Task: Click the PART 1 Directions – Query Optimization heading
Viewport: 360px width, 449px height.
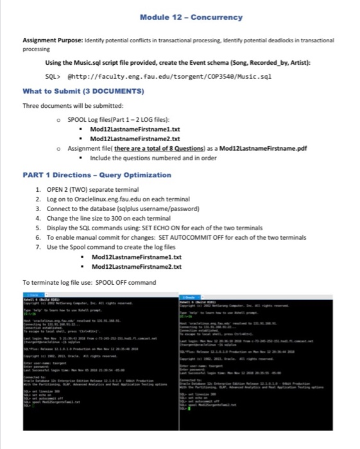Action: (x=97, y=174)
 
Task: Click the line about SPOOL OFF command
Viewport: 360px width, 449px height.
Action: (x=89, y=282)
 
